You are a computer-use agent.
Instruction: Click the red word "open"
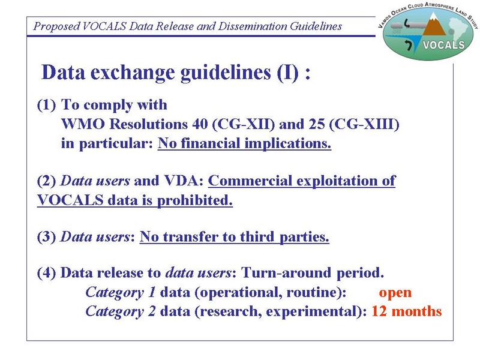[395, 293]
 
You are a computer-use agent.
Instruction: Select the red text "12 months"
[407, 311]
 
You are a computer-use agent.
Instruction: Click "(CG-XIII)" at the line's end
[364, 124]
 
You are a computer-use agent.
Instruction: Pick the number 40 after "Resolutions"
[200, 124]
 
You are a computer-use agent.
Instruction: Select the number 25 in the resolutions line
[317, 124]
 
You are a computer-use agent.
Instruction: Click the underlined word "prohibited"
[194, 200]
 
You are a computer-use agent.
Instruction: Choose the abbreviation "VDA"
[184, 181]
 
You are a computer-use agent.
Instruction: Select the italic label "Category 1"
[121, 293]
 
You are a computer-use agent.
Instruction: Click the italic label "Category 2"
[121, 312]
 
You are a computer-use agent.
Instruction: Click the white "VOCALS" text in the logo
[444, 46]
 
